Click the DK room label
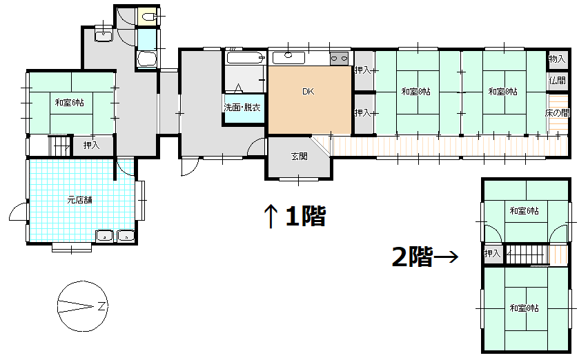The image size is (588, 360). click(x=308, y=91)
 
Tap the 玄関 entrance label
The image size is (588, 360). click(x=299, y=157)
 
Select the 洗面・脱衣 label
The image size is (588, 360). click(x=242, y=108)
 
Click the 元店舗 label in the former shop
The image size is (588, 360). click(x=80, y=201)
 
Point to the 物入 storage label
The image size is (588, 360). click(x=557, y=60)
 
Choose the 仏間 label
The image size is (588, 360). click(x=557, y=81)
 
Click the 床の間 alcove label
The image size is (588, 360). click(x=557, y=113)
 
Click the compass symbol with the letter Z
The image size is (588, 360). click(x=83, y=304)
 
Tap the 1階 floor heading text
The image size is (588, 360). click(x=304, y=217)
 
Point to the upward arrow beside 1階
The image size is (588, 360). click(x=271, y=217)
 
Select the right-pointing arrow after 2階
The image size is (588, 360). click(x=447, y=258)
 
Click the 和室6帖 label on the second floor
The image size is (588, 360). click(x=525, y=210)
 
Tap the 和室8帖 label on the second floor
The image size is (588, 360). click(x=525, y=307)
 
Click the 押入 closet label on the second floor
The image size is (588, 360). click(x=492, y=254)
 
